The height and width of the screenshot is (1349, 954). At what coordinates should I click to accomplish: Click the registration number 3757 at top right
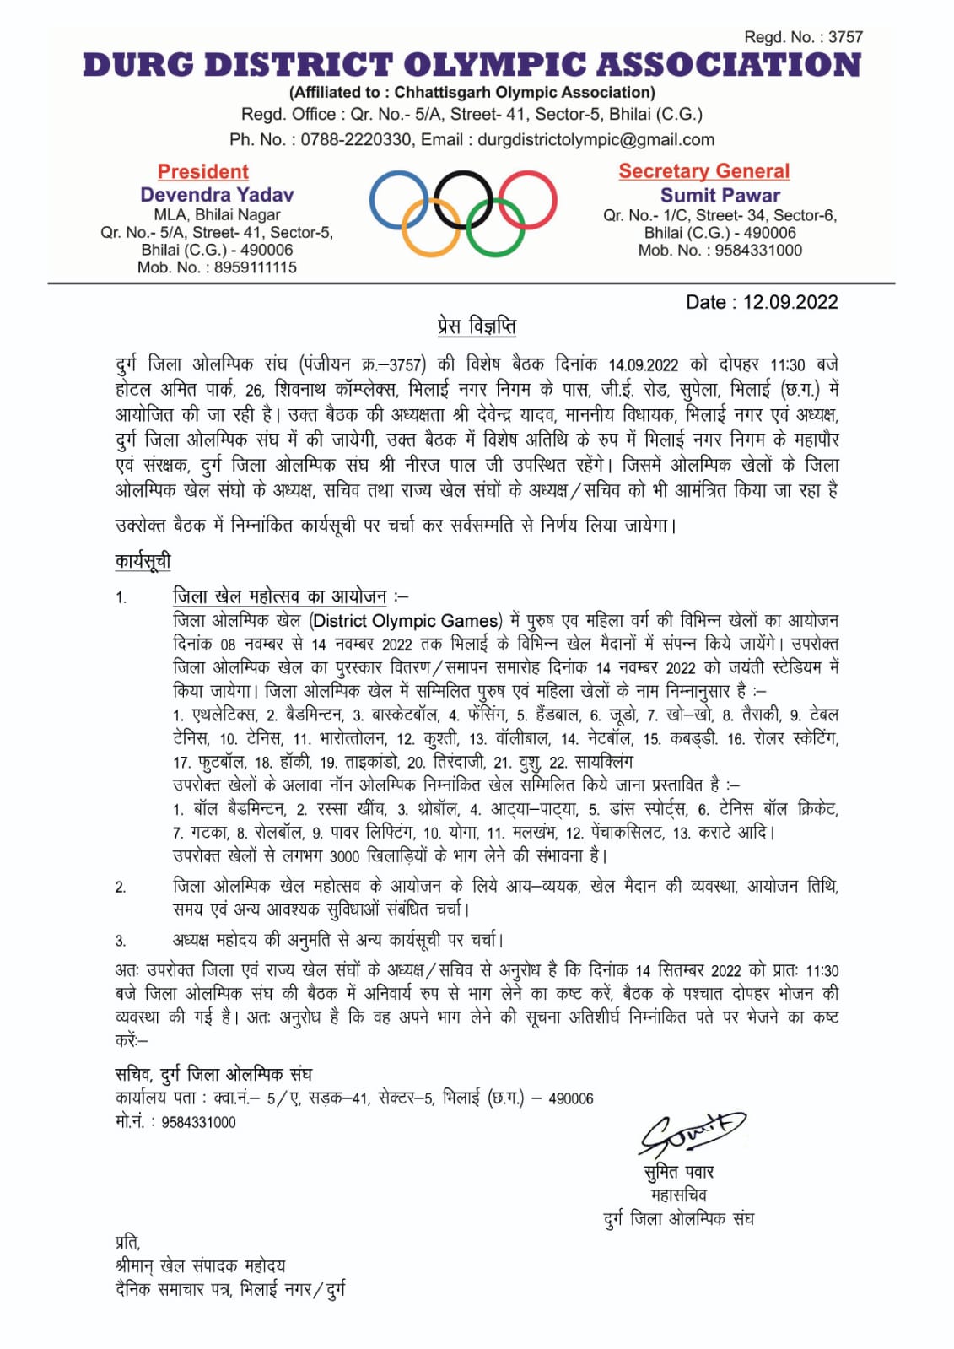(845, 37)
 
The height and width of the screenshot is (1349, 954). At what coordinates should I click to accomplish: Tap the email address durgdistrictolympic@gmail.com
(596, 140)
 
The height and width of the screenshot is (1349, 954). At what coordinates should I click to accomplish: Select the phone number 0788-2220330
(356, 140)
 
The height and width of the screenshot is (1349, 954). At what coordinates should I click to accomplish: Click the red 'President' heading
(203, 172)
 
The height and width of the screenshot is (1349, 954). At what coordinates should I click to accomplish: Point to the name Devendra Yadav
(217, 195)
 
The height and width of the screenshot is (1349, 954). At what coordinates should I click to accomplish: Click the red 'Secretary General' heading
(704, 171)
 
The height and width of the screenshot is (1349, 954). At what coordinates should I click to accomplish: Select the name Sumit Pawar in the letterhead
(720, 195)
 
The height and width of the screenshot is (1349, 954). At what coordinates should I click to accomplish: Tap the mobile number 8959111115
(255, 267)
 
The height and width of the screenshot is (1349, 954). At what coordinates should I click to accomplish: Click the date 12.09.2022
(790, 303)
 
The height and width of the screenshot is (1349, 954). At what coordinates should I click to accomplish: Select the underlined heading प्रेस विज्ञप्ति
(477, 326)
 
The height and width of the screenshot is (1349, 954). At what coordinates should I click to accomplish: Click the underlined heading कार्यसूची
(143, 561)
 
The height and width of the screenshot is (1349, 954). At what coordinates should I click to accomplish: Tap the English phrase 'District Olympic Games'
(406, 621)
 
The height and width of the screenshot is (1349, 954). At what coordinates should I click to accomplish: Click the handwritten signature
(692, 1132)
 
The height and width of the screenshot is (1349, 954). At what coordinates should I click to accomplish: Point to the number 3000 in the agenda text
(344, 856)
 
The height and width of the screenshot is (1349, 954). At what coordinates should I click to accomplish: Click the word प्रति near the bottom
(127, 1242)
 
